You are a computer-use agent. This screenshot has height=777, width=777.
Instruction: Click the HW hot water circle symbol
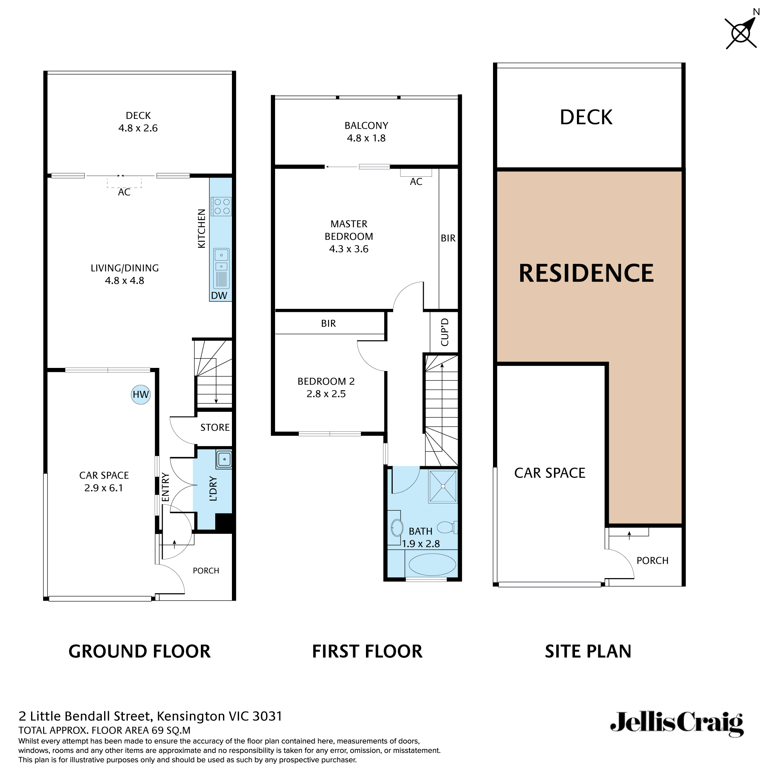pos(141,395)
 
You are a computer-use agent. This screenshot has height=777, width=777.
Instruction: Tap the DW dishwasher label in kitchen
pos(219,296)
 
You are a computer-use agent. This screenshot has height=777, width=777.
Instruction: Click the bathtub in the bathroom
pos(432,564)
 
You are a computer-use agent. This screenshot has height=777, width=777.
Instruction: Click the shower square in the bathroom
pos(443,486)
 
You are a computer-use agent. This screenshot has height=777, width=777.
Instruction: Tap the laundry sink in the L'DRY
pos(224,459)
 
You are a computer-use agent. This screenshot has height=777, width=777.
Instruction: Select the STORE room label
pos(215,427)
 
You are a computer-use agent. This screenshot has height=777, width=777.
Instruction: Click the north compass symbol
pos(741,33)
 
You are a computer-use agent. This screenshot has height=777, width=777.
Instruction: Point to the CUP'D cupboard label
pos(444,332)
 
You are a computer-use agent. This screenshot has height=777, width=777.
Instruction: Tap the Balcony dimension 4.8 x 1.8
pos(366,138)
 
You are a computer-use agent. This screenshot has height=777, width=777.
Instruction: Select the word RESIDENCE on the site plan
pos(586,274)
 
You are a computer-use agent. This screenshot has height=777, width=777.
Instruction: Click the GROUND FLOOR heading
pos(139,652)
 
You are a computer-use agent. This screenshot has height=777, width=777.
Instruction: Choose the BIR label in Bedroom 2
pos(328,323)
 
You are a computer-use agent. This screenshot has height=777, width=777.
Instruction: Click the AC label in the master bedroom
pos(416,182)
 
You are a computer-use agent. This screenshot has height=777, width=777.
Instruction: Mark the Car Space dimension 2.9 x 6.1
pos(103,488)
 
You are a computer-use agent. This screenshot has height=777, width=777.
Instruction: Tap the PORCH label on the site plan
pos(652,561)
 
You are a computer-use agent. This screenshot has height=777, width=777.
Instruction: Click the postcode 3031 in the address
pos(267,716)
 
